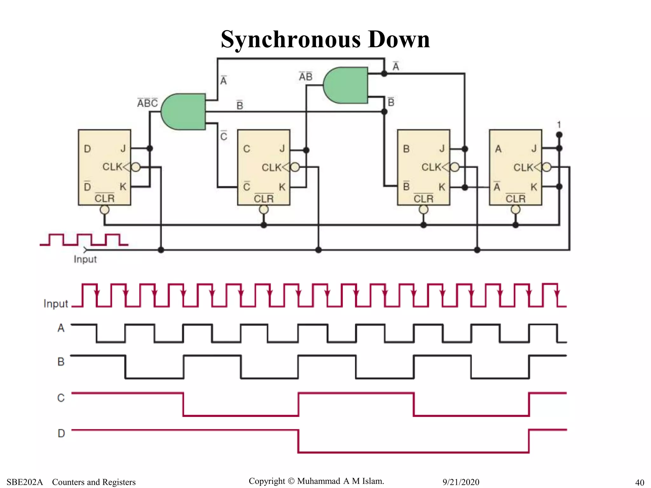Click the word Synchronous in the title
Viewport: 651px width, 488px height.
coord(291,39)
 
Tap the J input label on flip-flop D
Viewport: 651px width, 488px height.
coord(123,148)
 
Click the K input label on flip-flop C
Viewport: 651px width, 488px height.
coord(282,187)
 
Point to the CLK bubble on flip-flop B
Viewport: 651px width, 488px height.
coord(455,167)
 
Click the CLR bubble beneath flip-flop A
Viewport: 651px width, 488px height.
coord(515,210)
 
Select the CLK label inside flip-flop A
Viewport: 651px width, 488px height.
coord(523,167)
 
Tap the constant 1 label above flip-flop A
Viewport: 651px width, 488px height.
coord(559,125)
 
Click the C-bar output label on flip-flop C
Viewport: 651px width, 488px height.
coord(247,186)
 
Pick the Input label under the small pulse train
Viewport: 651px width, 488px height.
coord(85,259)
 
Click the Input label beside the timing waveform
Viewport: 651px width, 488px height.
coord(56,304)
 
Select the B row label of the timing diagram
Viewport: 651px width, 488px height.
coord(61,362)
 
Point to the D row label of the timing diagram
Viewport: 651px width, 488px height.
coord(61,433)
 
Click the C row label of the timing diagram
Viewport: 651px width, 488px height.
coord(61,398)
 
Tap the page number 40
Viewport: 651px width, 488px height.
coord(639,482)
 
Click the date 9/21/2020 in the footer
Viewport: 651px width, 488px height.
coord(461,482)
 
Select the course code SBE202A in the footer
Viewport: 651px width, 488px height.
coord(25,482)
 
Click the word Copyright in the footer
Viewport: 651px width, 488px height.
coord(267,481)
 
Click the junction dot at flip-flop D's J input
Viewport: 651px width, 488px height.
coord(150,148)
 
